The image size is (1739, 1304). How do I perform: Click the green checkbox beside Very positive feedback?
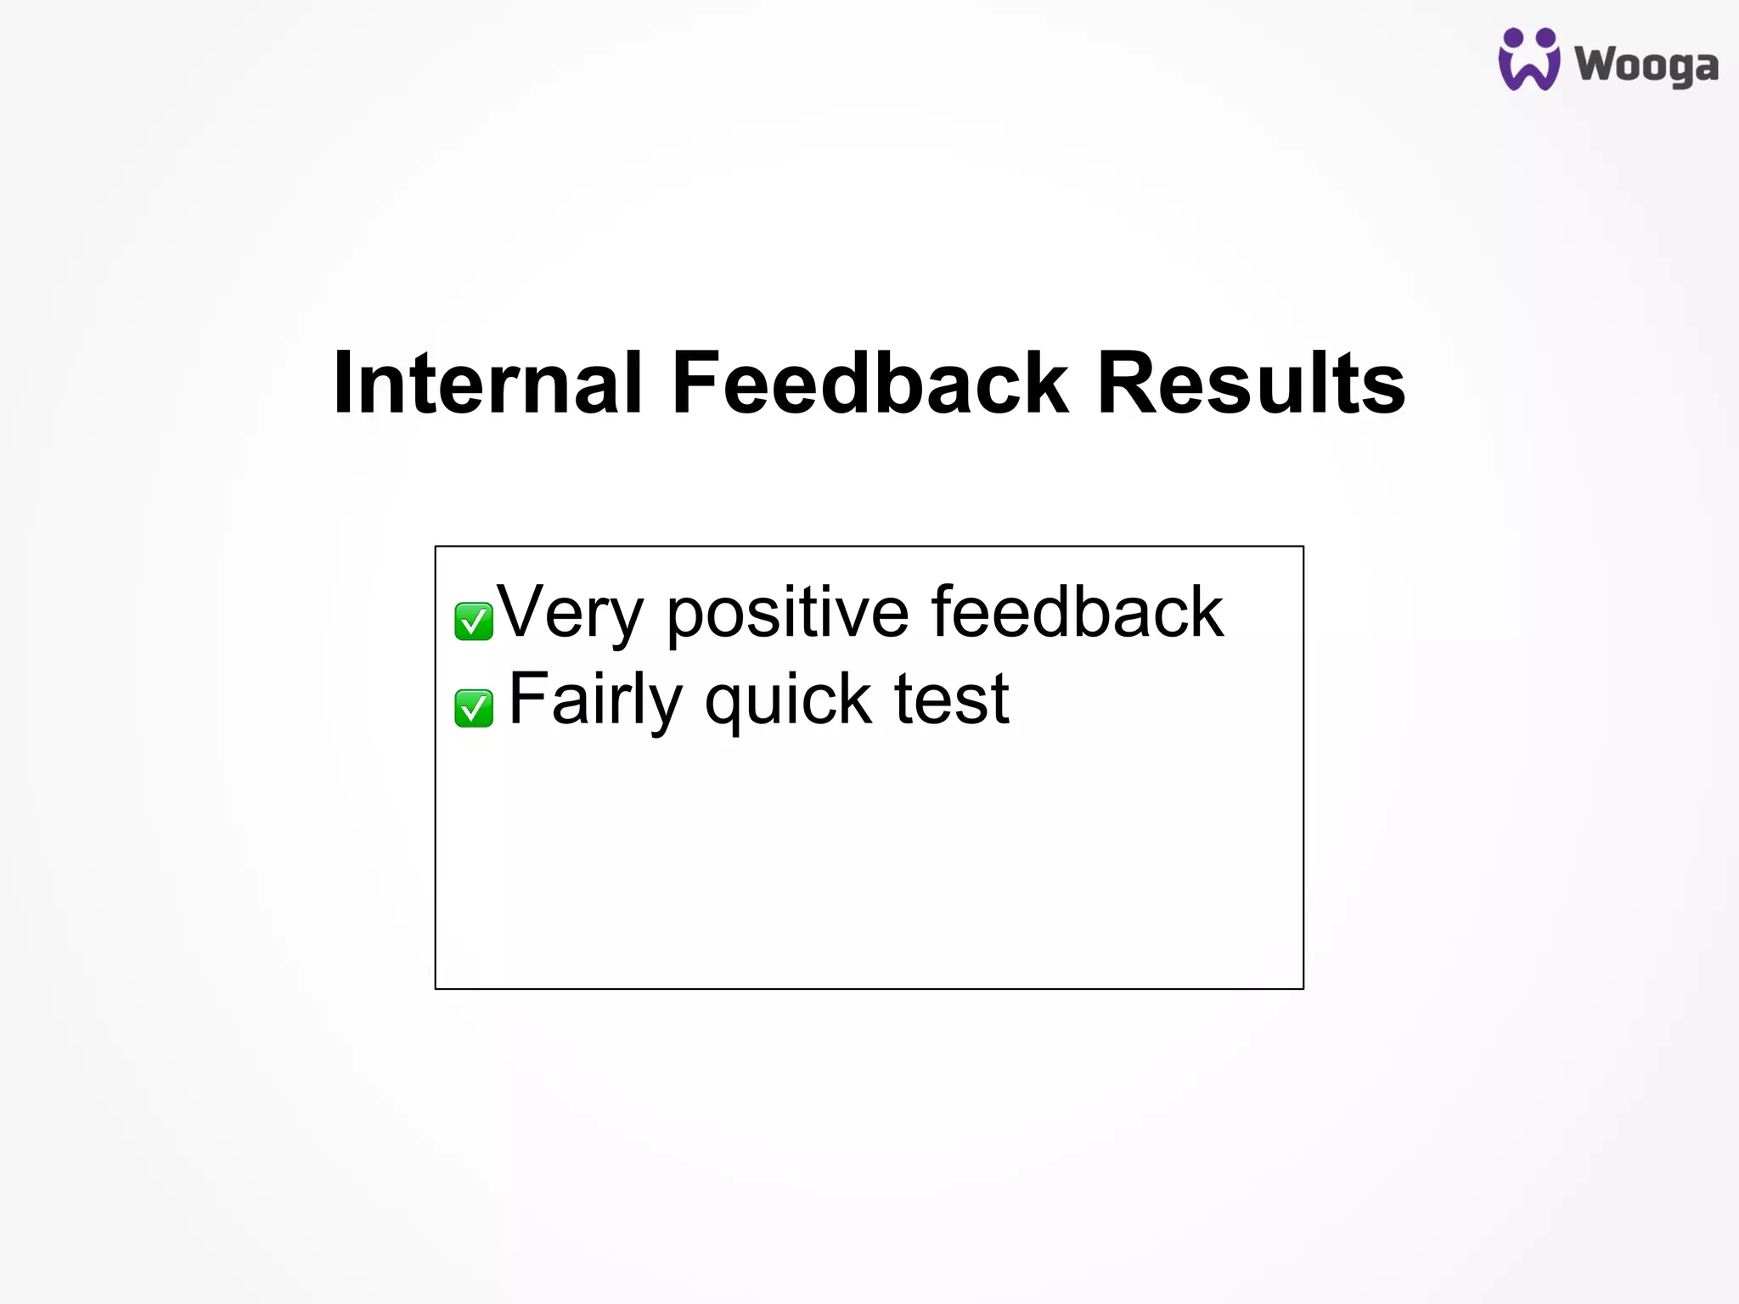pos(474,621)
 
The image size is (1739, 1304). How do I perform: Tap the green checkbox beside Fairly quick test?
pos(474,708)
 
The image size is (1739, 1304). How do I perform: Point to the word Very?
pos(570,613)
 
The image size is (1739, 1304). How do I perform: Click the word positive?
pos(787,613)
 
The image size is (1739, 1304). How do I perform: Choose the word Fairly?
pos(594,700)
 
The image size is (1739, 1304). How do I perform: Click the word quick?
pos(788,701)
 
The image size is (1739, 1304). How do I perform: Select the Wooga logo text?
pos(1646,66)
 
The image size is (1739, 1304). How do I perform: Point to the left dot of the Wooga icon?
pos(1513,38)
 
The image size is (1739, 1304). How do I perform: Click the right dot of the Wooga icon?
pos(1546,37)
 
